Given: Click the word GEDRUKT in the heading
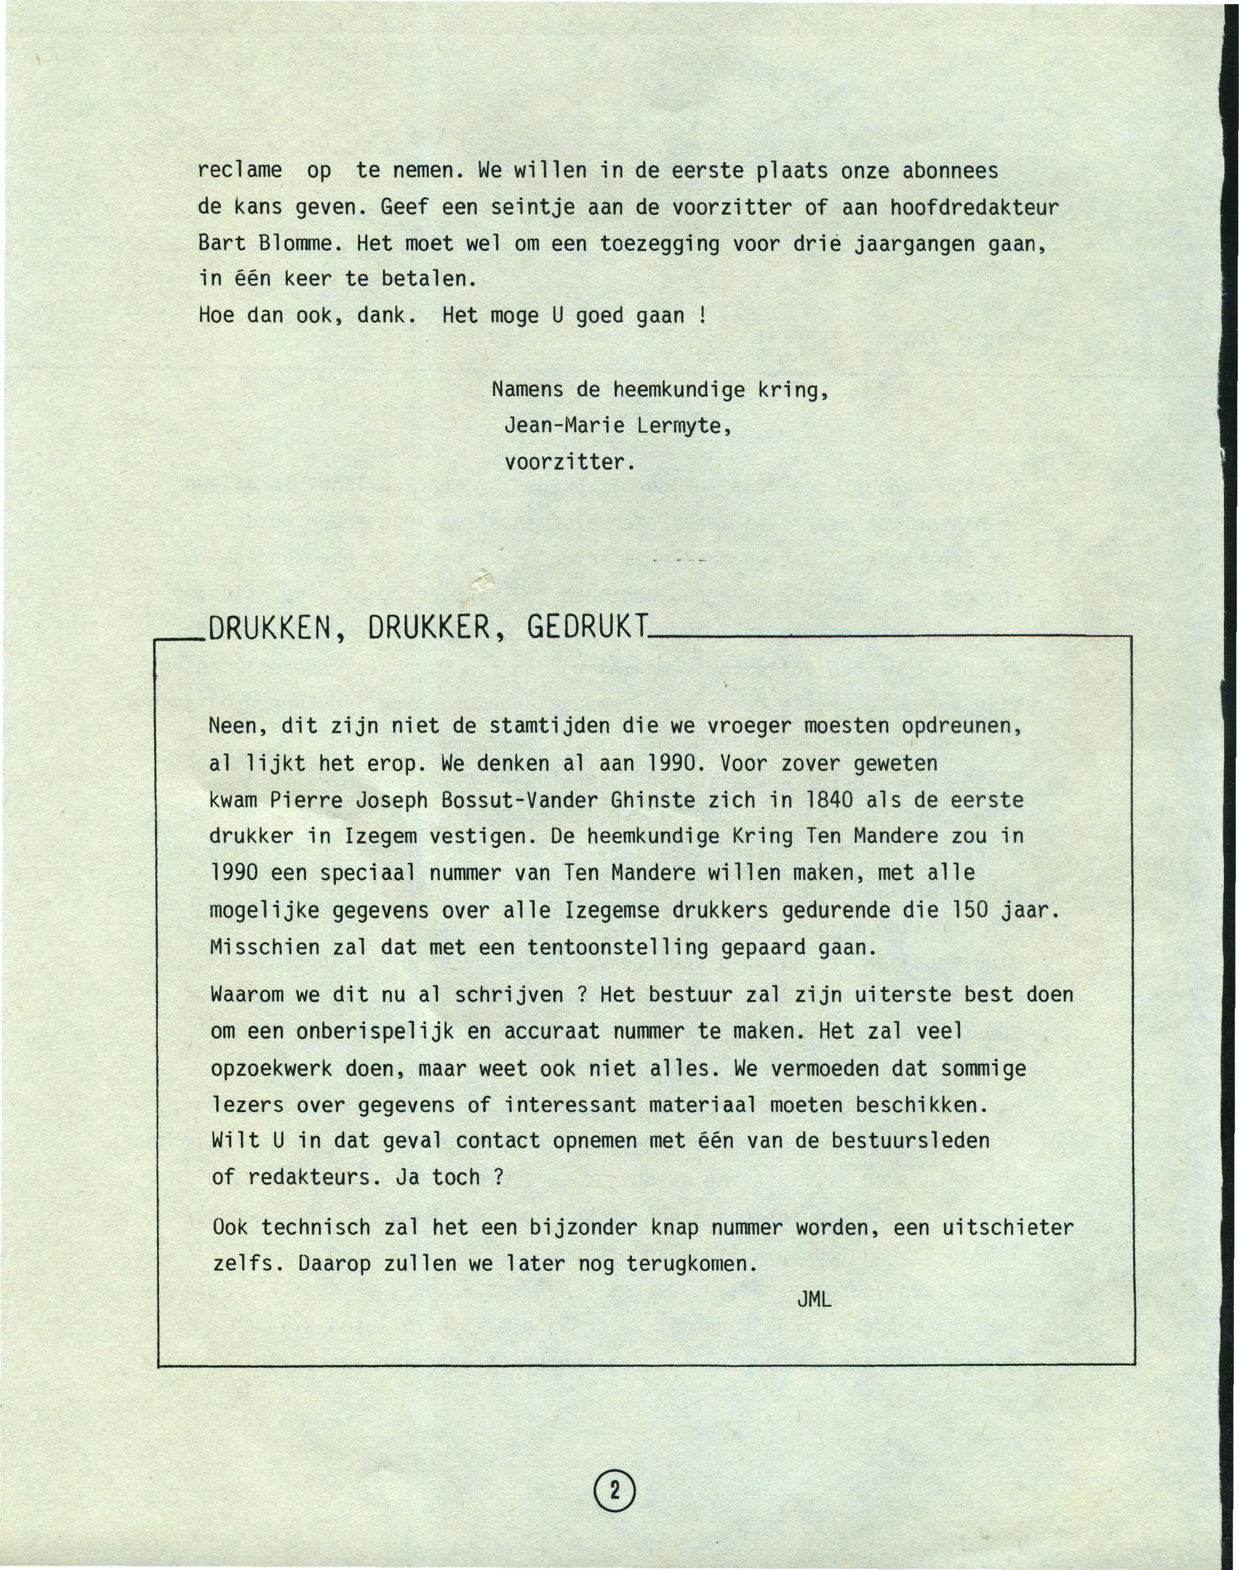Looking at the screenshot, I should coord(586,627).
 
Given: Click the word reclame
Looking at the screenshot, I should coord(239,171).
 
